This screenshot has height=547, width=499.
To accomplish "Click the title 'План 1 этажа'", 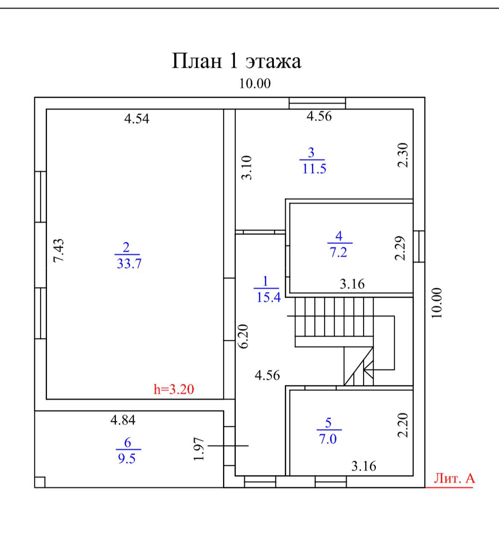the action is (236, 61).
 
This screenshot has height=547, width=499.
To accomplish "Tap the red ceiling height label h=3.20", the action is (174, 389).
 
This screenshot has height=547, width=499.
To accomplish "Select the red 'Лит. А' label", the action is (454, 478).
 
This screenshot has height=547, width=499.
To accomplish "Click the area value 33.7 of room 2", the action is (129, 264).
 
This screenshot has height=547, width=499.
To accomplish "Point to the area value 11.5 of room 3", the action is (314, 169).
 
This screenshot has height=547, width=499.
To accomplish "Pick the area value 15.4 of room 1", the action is (268, 297).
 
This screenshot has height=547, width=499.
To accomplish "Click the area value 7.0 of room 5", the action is (328, 439).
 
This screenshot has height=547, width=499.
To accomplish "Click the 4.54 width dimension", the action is (137, 118).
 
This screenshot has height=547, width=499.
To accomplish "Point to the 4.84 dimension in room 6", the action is (123, 420).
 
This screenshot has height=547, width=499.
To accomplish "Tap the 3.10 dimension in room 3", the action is (247, 168).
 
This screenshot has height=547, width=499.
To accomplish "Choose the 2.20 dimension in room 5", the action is (403, 425).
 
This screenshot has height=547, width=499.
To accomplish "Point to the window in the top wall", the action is (317, 103).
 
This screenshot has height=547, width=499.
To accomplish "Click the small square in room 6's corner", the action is (40, 482).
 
